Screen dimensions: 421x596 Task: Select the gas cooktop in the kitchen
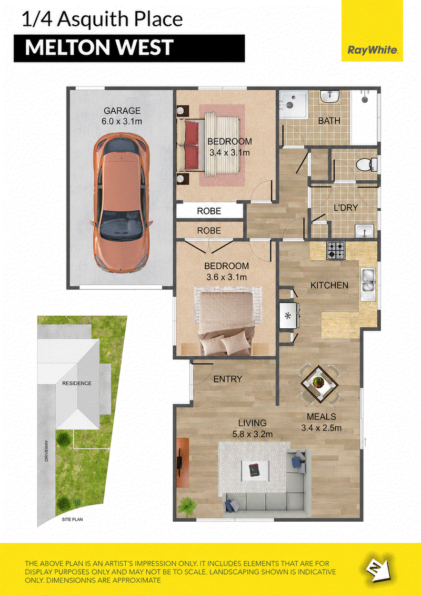click(336, 250)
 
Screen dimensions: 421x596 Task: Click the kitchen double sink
click(367, 285)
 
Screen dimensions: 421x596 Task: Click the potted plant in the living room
click(187, 506)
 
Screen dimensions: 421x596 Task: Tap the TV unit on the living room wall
click(183, 462)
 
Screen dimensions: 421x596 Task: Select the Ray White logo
click(367, 50)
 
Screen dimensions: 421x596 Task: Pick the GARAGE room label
click(122, 111)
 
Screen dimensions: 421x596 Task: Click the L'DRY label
click(345, 208)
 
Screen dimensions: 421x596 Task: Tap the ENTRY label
click(227, 379)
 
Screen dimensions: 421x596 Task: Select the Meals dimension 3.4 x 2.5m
click(321, 428)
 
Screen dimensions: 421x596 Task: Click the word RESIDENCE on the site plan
click(77, 383)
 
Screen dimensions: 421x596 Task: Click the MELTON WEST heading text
click(99, 47)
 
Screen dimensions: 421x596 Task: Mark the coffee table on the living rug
click(255, 470)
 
